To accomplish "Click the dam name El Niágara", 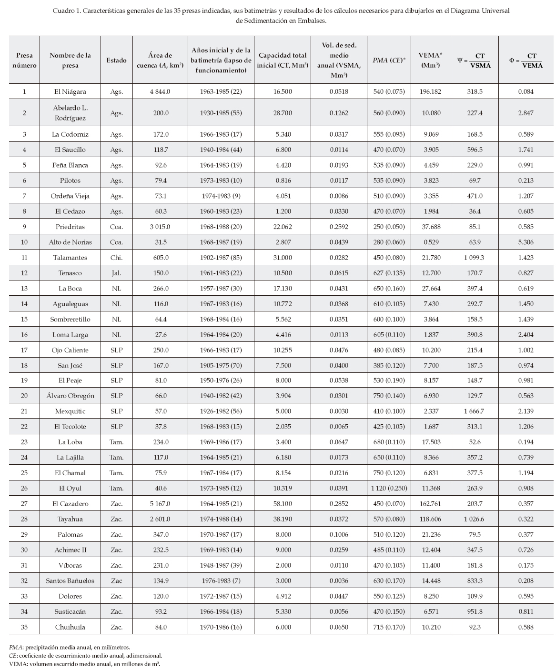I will point(70,91).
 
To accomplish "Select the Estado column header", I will point(116,60).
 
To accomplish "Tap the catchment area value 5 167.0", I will point(161,504).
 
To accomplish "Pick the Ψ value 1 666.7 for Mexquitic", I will point(475,411).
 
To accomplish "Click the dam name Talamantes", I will point(70,258).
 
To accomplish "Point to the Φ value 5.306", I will point(526,242).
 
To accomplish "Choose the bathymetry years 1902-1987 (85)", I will point(221,258).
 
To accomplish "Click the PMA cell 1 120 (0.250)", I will point(389,489).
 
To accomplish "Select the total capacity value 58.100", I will point(283,504).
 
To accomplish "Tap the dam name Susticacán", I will point(70,612).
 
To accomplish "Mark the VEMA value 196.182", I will point(430,91).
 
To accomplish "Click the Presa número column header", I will point(24,60).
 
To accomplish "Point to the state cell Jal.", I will point(116,273).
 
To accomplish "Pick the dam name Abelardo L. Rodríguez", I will point(70,113).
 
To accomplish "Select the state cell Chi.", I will point(116,258).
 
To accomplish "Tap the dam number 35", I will point(24,627).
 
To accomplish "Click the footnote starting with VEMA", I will point(84,664).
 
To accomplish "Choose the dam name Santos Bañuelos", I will point(70,581).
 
